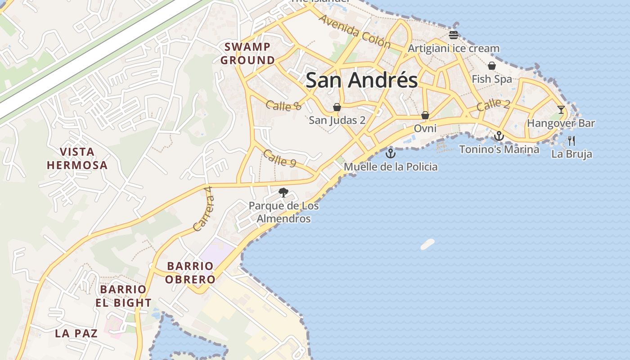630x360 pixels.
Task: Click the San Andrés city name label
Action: click(361, 81)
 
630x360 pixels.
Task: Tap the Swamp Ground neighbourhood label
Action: click(247, 54)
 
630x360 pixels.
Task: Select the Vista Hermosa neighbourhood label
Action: click(77, 158)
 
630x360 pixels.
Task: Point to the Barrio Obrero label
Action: click(190, 273)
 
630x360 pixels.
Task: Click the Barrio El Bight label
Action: click(123, 296)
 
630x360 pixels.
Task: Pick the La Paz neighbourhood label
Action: click(76, 333)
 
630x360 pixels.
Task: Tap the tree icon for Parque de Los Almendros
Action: click(283, 193)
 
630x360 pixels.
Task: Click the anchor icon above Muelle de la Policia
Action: click(391, 153)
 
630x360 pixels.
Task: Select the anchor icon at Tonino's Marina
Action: click(499, 136)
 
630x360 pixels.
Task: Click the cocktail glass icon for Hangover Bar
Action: click(561, 110)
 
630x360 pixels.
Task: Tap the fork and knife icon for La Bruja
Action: click(571, 141)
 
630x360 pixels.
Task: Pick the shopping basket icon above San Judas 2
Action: click(337, 107)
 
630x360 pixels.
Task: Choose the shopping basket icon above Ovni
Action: click(425, 116)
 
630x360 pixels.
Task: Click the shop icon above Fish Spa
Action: click(492, 66)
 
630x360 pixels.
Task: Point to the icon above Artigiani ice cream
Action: click(453, 35)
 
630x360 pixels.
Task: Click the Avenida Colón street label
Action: click(354, 31)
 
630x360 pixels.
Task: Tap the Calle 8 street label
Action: click(283, 106)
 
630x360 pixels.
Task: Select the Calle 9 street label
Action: click(279, 158)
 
